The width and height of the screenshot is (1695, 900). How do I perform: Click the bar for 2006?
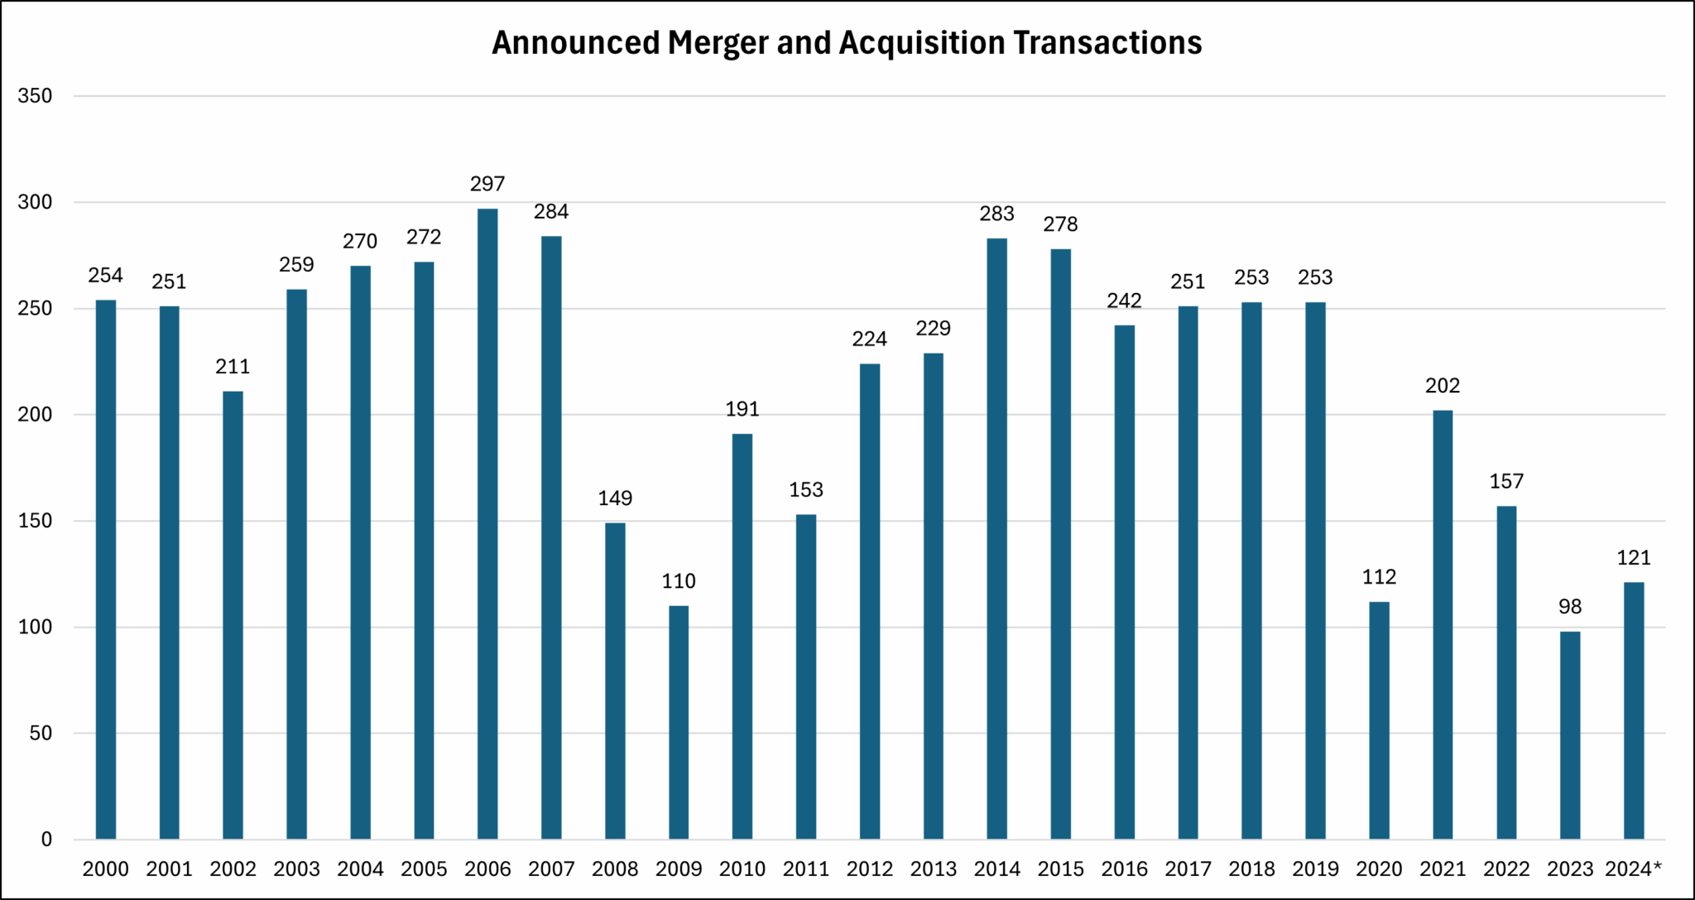(x=487, y=523)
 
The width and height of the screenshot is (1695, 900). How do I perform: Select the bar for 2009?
(x=679, y=722)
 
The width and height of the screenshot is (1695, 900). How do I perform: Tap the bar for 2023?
(x=1570, y=735)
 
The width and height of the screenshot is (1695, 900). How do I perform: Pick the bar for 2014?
(x=997, y=538)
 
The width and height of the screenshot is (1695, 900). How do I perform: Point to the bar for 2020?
(x=1379, y=720)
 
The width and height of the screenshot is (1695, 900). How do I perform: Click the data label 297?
(x=487, y=184)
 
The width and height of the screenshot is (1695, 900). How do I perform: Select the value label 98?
(x=1570, y=607)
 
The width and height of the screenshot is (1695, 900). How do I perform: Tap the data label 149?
(x=615, y=498)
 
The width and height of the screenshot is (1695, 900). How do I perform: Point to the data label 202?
(x=1443, y=386)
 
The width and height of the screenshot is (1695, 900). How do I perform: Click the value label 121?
(x=1634, y=558)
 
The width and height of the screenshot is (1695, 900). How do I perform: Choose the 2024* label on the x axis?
(x=1634, y=869)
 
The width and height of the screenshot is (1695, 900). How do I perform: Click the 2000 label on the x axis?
(x=106, y=869)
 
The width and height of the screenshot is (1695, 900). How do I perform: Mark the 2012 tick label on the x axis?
(x=870, y=869)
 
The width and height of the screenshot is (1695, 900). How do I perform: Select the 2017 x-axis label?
(x=1188, y=869)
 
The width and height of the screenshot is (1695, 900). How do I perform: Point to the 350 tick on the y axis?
(x=35, y=96)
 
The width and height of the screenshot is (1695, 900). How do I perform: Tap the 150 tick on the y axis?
(x=35, y=521)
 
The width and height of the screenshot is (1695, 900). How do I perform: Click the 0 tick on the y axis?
(x=46, y=840)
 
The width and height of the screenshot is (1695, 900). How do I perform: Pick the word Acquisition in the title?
(x=922, y=43)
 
